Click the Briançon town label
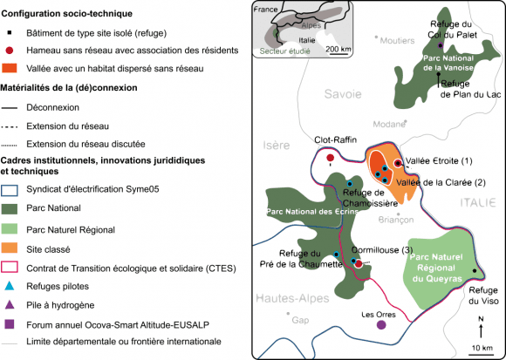pos(396,220)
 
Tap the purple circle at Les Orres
pos(381,325)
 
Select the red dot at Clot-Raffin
pos(330,158)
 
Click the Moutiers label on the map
pos(397,41)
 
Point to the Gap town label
pos(300,321)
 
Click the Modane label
pos(389,124)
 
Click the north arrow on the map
pos(481,328)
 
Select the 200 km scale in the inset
pos(338,50)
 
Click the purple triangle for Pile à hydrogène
pos(10,305)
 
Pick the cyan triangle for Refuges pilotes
pos(10,286)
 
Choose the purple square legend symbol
pos(10,324)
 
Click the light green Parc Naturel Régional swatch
pos(10,230)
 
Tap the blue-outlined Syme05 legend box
pos(10,190)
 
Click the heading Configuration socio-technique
pos(67,14)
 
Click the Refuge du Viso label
pos(483,295)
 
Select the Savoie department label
pos(343,94)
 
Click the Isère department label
pos(277,146)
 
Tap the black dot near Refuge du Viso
pos(475,271)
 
